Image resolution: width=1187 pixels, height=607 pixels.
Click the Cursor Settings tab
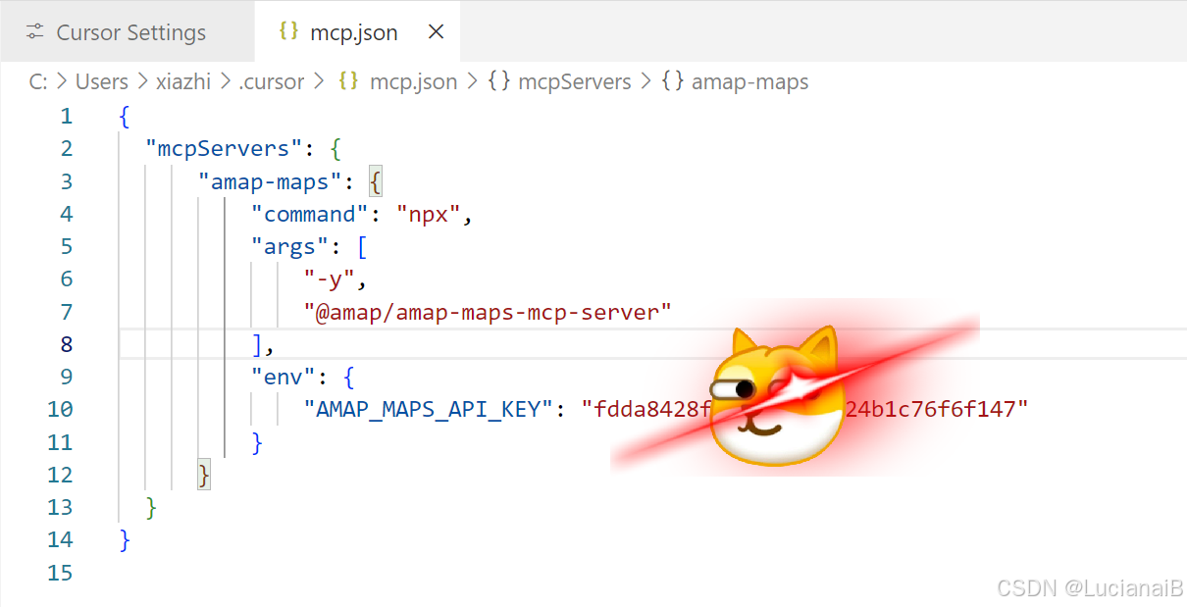click(130, 32)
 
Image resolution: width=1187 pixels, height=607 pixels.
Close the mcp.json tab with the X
click(437, 31)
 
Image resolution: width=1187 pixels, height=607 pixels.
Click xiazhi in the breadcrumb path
click(182, 81)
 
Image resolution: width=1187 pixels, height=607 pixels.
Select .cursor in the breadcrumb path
click(272, 81)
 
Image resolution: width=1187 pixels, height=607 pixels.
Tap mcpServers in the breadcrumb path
click(574, 81)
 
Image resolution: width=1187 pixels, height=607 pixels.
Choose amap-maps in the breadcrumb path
click(749, 81)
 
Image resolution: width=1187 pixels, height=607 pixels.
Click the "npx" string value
click(429, 214)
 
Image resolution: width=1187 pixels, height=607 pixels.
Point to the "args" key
click(290, 246)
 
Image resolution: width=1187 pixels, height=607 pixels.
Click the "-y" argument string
click(330, 279)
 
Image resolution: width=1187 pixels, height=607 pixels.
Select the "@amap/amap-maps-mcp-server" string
click(488, 312)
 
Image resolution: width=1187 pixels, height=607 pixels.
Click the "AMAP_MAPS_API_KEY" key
click(429, 409)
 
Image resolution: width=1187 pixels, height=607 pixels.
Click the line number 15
click(60, 572)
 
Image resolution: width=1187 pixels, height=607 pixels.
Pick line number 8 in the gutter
click(66, 344)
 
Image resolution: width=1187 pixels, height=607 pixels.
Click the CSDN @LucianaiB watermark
click(1089, 587)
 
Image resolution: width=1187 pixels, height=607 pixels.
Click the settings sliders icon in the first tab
click(35, 32)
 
